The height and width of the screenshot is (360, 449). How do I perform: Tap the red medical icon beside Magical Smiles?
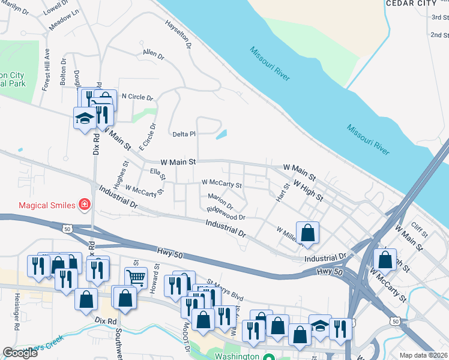tap(85, 205)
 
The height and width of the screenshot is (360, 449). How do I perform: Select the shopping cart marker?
tap(136, 277)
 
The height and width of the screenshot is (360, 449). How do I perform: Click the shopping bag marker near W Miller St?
tap(307, 233)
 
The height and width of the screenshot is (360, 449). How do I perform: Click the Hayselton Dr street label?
tap(178, 33)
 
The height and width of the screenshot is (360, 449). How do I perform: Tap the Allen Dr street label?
tap(153, 55)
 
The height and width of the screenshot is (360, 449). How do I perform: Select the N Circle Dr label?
tap(137, 97)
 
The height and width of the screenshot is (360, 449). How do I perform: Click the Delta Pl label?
tap(184, 134)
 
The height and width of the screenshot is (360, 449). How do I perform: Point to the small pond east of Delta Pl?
tap(221, 134)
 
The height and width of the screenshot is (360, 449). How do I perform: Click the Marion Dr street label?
tap(220, 201)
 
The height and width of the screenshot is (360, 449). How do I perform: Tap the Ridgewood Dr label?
tap(226, 213)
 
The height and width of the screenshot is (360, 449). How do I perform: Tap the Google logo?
tap(20, 353)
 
